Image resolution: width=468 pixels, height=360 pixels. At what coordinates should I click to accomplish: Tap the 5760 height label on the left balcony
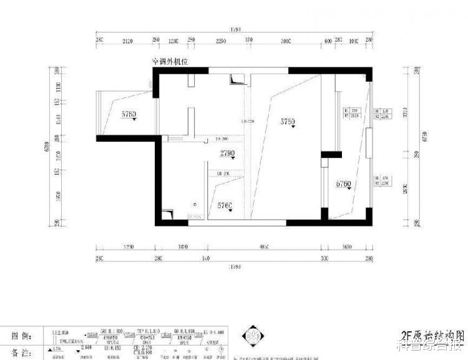click(129, 114)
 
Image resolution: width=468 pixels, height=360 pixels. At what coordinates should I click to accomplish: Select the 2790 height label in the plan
click(228, 153)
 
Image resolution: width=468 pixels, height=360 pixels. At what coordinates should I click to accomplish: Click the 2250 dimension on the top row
click(220, 42)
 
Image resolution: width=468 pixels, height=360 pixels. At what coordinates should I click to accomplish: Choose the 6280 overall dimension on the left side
click(46, 147)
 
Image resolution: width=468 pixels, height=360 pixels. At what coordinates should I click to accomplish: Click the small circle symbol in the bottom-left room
click(195, 204)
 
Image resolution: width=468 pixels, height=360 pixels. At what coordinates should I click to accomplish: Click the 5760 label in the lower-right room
click(344, 184)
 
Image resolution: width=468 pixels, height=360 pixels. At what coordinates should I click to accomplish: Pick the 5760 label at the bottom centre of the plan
click(225, 205)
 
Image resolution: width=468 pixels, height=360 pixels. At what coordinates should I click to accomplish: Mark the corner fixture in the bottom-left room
click(167, 214)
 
